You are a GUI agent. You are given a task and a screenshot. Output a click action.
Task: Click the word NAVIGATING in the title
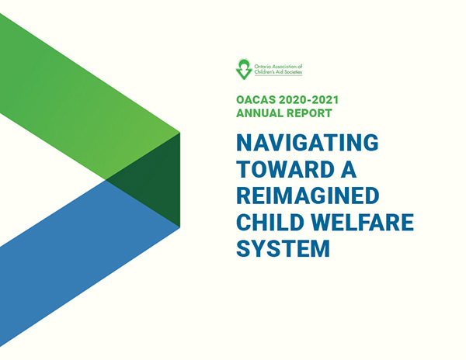click(x=308, y=143)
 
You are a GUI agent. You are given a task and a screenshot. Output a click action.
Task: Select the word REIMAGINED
click(x=308, y=196)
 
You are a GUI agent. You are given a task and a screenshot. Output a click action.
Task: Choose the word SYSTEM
click(x=283, y=248)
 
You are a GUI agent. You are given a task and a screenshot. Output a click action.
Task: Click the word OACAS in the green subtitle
click(x=256, y=100)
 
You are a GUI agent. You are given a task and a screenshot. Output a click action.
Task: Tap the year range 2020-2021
click(x=309, y=100)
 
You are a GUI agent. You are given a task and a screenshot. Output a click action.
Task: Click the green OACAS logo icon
click(x=244, y=69)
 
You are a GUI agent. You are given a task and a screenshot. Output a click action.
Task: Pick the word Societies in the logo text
click(x=293, y=72)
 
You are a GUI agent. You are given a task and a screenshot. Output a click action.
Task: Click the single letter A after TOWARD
click(x=348, y=169)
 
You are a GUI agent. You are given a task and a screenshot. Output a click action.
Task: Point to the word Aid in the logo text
click(x=279, y=72)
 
